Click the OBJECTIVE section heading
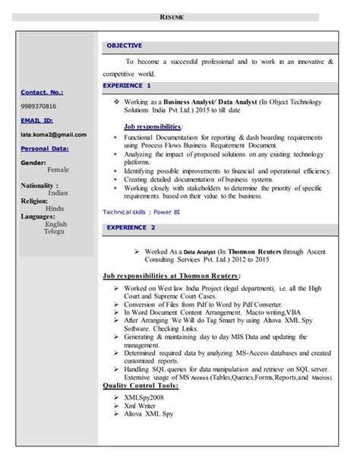124,46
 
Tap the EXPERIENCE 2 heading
131,227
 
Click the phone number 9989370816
38,106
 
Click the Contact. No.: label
43,92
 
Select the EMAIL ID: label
36,120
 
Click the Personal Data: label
44,148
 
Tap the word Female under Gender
58,170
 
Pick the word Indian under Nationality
58,193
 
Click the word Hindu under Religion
55,208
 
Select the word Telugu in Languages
55,231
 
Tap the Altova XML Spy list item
148,414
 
